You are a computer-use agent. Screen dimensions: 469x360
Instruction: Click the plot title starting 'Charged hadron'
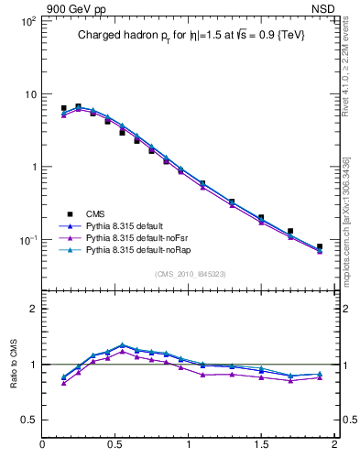click(189, 35)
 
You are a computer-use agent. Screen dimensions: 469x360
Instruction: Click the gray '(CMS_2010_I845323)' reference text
click(189, 272)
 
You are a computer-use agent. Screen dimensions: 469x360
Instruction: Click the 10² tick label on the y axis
click(27, 21)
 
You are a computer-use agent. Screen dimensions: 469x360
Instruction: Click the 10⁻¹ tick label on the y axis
click(27, 240)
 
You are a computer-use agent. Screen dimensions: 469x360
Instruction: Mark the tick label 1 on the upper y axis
click(31, 167)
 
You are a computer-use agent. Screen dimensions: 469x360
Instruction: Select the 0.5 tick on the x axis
click(115, 445)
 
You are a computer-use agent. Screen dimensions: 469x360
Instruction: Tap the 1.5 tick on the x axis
click(261, 445)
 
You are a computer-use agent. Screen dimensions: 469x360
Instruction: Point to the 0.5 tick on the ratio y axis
click(27, 420)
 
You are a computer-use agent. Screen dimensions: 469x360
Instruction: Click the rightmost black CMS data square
click(320, 246)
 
